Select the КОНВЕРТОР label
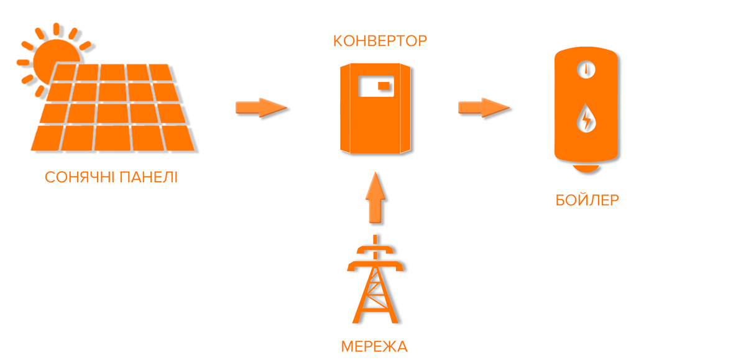pos(380,42)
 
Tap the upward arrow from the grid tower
pos(375,197)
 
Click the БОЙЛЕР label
pos(587,200)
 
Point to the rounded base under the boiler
pos(586,168)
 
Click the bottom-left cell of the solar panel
pos(47,138)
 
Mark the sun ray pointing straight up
pos(57,29)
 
